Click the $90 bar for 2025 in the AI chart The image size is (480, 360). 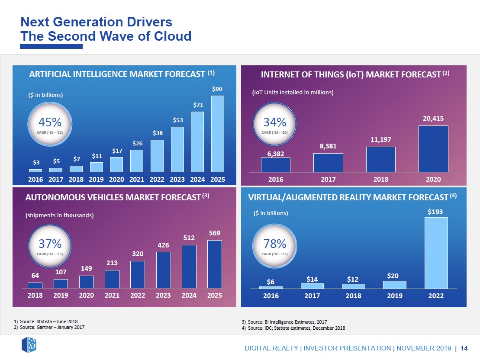click(x=217, y=133)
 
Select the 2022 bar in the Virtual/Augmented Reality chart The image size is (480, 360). click(x=436, y=253)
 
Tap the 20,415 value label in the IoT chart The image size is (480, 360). click(x=433, y=118)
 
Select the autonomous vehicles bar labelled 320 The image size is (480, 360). click(x=138, y=274)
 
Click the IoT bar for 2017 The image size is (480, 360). click(x=328, y=163)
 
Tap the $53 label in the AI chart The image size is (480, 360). click(x=178, y=120)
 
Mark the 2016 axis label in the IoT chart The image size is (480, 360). click(x=276, y=179)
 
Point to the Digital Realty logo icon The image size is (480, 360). click(x=29, y=345)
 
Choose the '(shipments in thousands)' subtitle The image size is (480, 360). click(x=60, y=215)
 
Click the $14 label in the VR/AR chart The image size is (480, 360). click(x=312, y=280)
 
